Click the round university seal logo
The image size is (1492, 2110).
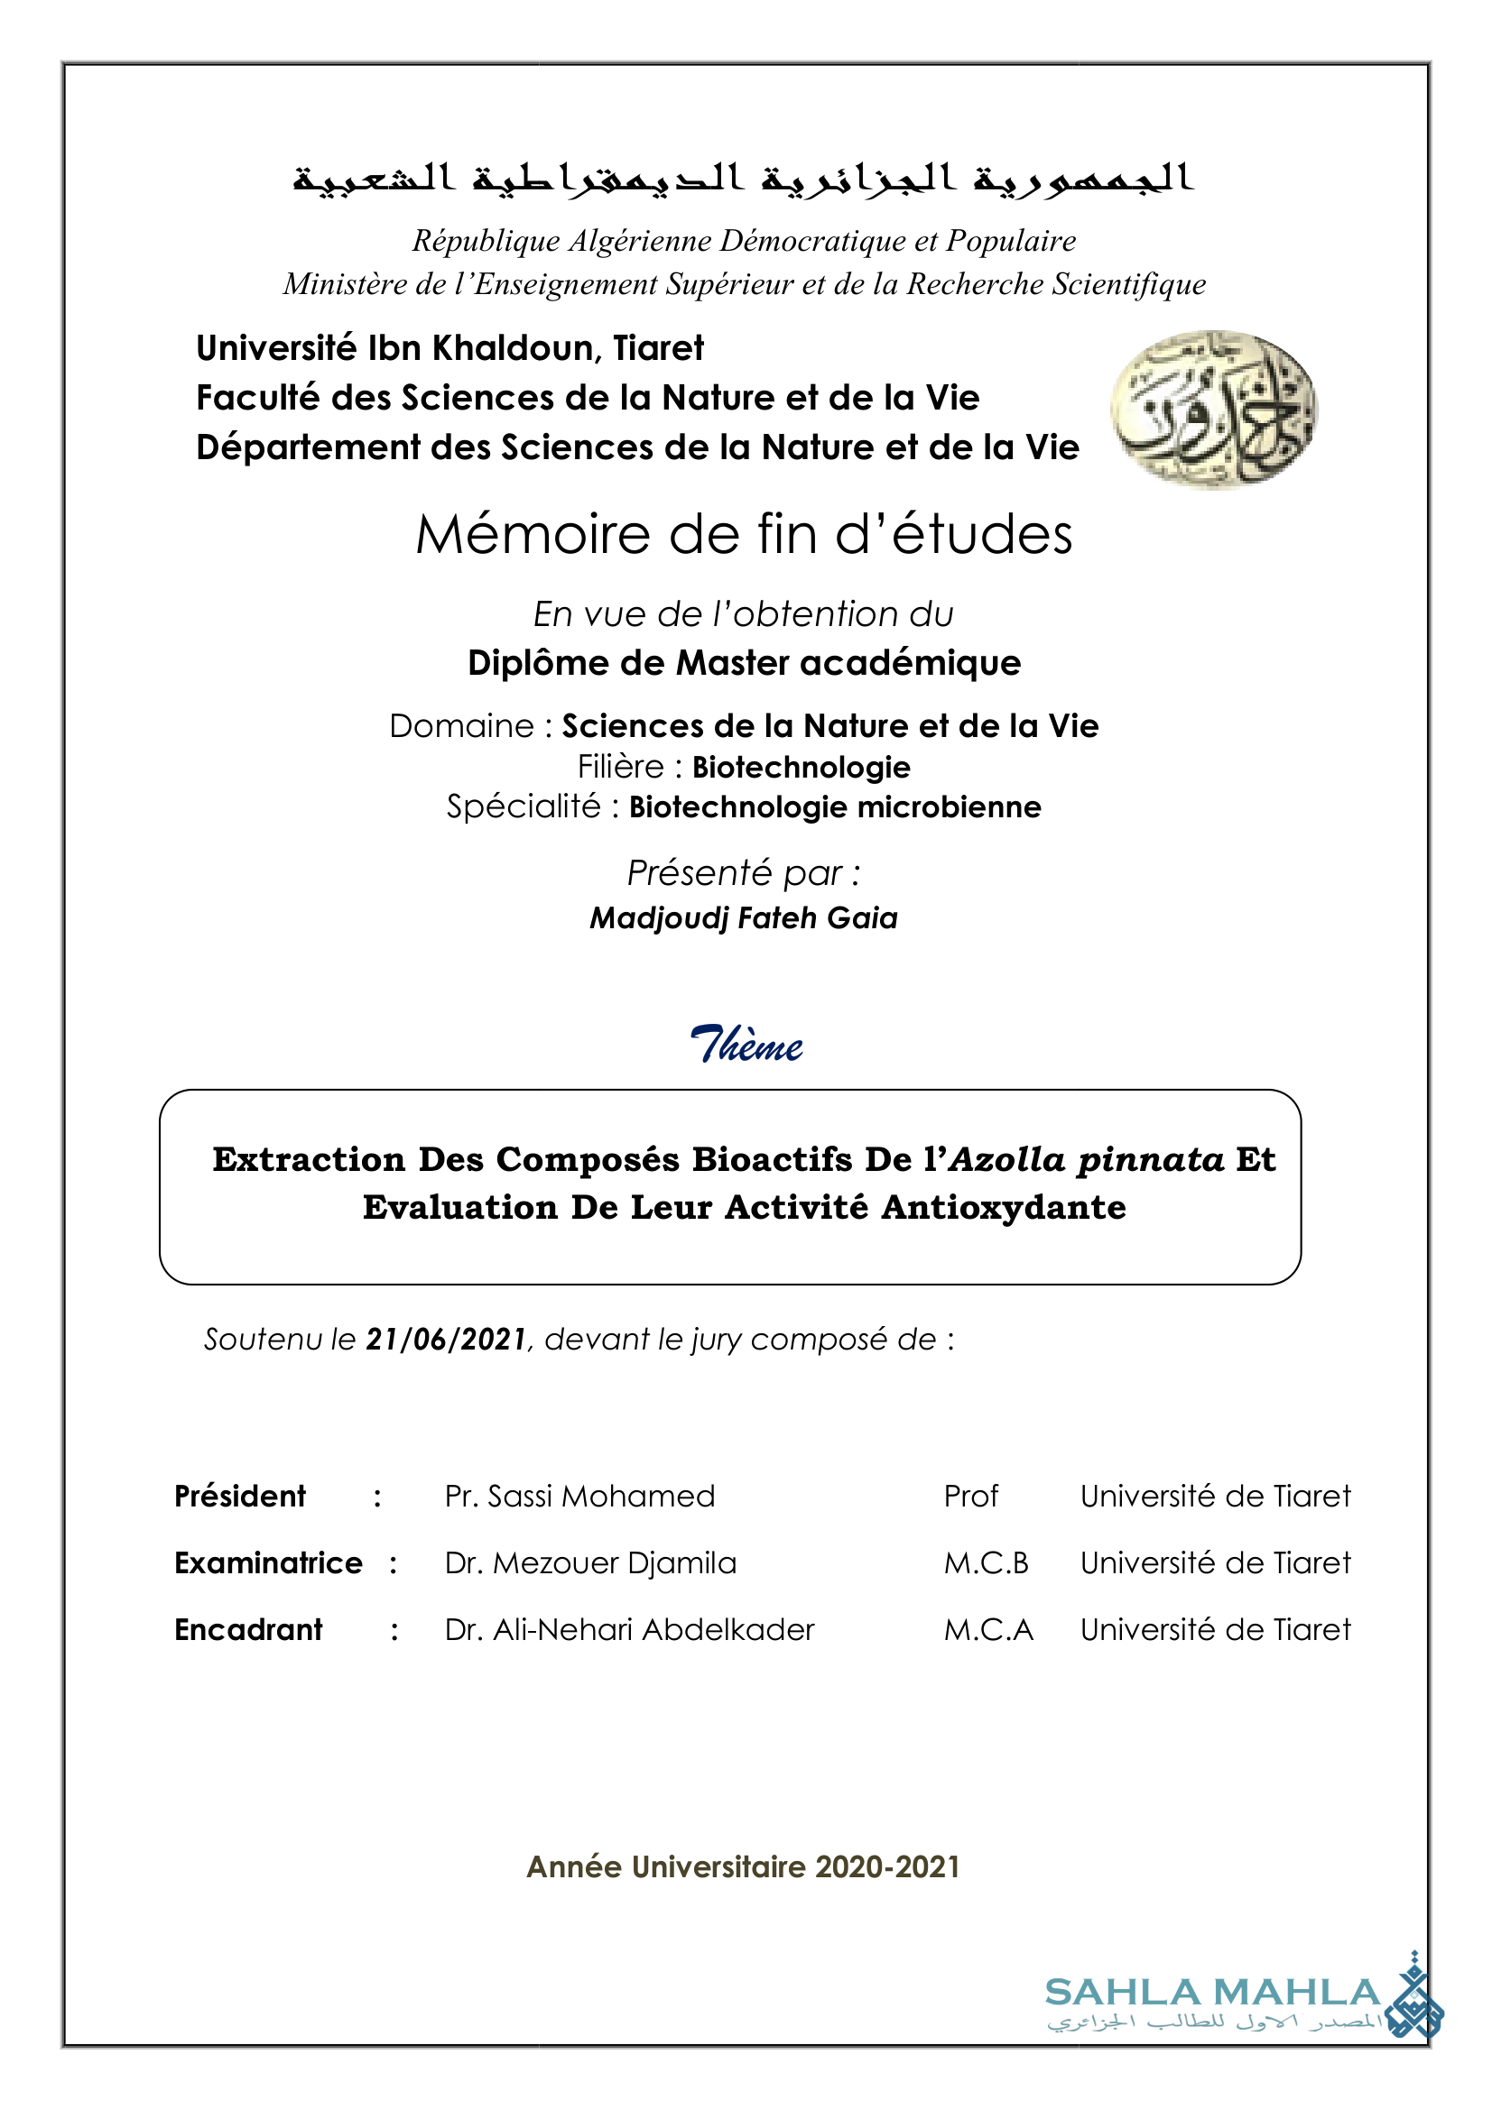(1213, 409)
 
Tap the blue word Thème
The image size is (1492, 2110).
(746, 1046)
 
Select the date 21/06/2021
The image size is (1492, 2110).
(446, 1340)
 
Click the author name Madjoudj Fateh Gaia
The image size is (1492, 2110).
(744, 918)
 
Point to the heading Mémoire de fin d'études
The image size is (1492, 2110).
(744, 535)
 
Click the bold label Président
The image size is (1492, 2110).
(240, 1496)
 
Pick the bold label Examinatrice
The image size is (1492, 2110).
(268, 1563)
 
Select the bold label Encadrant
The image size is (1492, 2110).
(248, 1629)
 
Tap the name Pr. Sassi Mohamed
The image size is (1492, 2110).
(579, 1496)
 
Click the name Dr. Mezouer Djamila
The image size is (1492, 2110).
(590, 1563)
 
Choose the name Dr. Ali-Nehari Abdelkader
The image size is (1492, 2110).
(630, 1629)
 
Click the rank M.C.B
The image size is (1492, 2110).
(986, 1563)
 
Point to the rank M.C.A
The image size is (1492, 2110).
(988, 1629)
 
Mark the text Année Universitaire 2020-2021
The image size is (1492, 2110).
(743, 1867)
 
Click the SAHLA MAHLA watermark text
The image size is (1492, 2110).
(1212, 1993)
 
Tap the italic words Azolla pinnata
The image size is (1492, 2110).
(1087, 1160)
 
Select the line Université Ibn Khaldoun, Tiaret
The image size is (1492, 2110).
(449, 348)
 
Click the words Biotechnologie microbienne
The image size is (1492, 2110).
(835, 806)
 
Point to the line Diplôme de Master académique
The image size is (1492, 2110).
(744, 663)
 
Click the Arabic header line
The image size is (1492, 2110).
(744, 177)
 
